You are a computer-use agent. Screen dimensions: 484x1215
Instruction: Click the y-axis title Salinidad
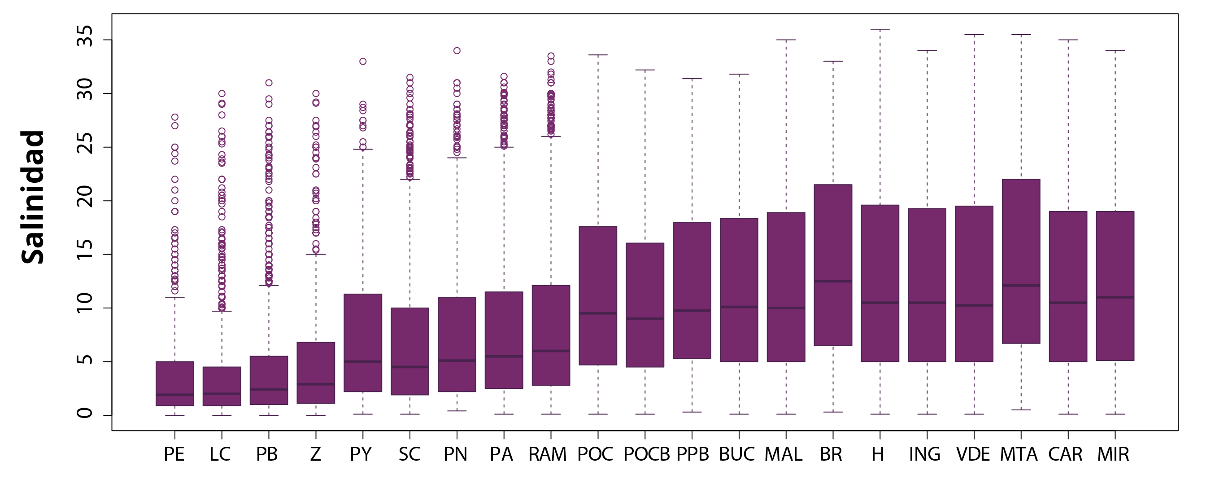(33, 197)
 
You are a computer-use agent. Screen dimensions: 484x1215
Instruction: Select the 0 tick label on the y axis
(85, 414)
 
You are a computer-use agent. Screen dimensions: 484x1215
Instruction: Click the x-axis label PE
(174, 454)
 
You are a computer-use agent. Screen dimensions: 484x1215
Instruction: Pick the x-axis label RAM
(547, 454)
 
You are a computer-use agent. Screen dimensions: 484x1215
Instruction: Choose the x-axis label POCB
(647, 454)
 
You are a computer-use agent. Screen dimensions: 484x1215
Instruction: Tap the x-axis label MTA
(1019, 454)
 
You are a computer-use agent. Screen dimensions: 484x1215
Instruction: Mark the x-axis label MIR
(1113, 454)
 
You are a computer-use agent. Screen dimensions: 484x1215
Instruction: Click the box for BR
(833, 264)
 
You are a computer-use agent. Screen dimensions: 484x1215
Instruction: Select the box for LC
(222, 386)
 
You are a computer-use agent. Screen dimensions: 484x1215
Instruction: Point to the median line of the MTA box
(1021, 285)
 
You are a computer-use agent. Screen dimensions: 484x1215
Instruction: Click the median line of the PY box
(363, 361)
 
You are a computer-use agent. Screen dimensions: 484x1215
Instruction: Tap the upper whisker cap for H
(880, 29)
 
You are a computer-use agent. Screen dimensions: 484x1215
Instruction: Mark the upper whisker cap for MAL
(786, 40)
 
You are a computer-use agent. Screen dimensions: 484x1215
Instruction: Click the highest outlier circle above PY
(363, 62)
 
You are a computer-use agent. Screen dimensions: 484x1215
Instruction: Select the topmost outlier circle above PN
(457, 51)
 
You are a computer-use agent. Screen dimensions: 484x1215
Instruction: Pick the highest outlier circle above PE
(174, 117)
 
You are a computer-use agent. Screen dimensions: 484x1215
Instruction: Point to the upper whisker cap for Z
(316, 254)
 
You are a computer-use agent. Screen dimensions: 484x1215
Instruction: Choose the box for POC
(598, 295)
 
